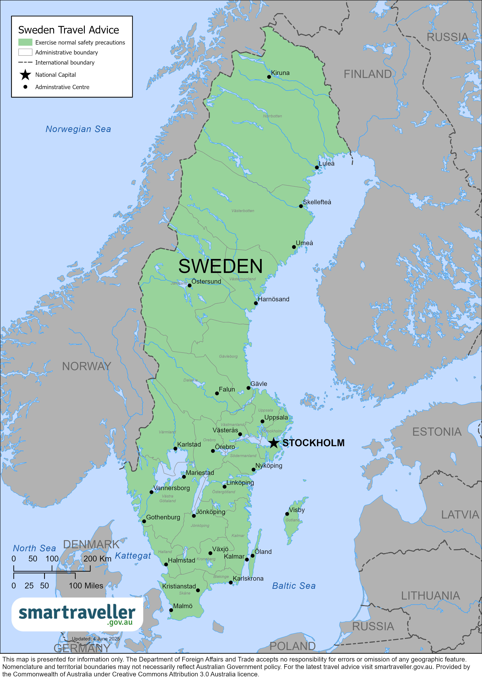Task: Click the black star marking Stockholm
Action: pos(273,443)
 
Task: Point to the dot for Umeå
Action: pos(294,247)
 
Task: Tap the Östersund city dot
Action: pos(189,285)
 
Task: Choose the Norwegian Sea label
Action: pos(78,129)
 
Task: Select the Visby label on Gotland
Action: pos(297,510)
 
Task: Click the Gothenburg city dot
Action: pos(144,521)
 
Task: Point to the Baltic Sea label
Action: pos(294,586)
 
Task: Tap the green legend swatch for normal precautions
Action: pos(25,42)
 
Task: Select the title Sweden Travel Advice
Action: pos(69,30)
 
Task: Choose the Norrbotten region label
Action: pos(272,116)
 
